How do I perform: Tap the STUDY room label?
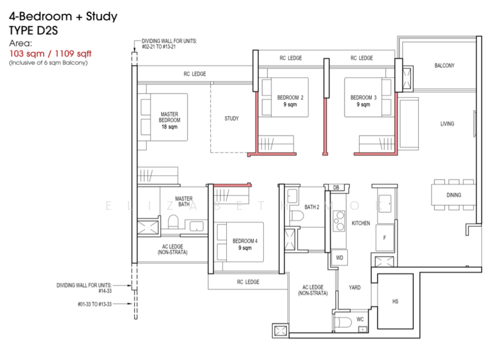click(231, 119)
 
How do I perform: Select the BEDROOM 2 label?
click(290, 101)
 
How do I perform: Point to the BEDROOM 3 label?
click(364, 101)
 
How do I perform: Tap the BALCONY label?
click(445, 66)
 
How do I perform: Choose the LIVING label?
click(447, 124)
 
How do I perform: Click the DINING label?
click(454, 195)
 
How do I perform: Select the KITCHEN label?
click(360, 224)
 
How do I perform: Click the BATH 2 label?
click(312, 207)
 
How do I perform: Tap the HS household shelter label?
click(395, 301)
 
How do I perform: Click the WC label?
click(360, 320)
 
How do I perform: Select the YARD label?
click(355, 287)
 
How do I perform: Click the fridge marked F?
click(384, 238)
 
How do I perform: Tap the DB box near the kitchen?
click(336, 188)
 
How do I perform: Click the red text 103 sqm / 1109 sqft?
click(48, 54)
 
